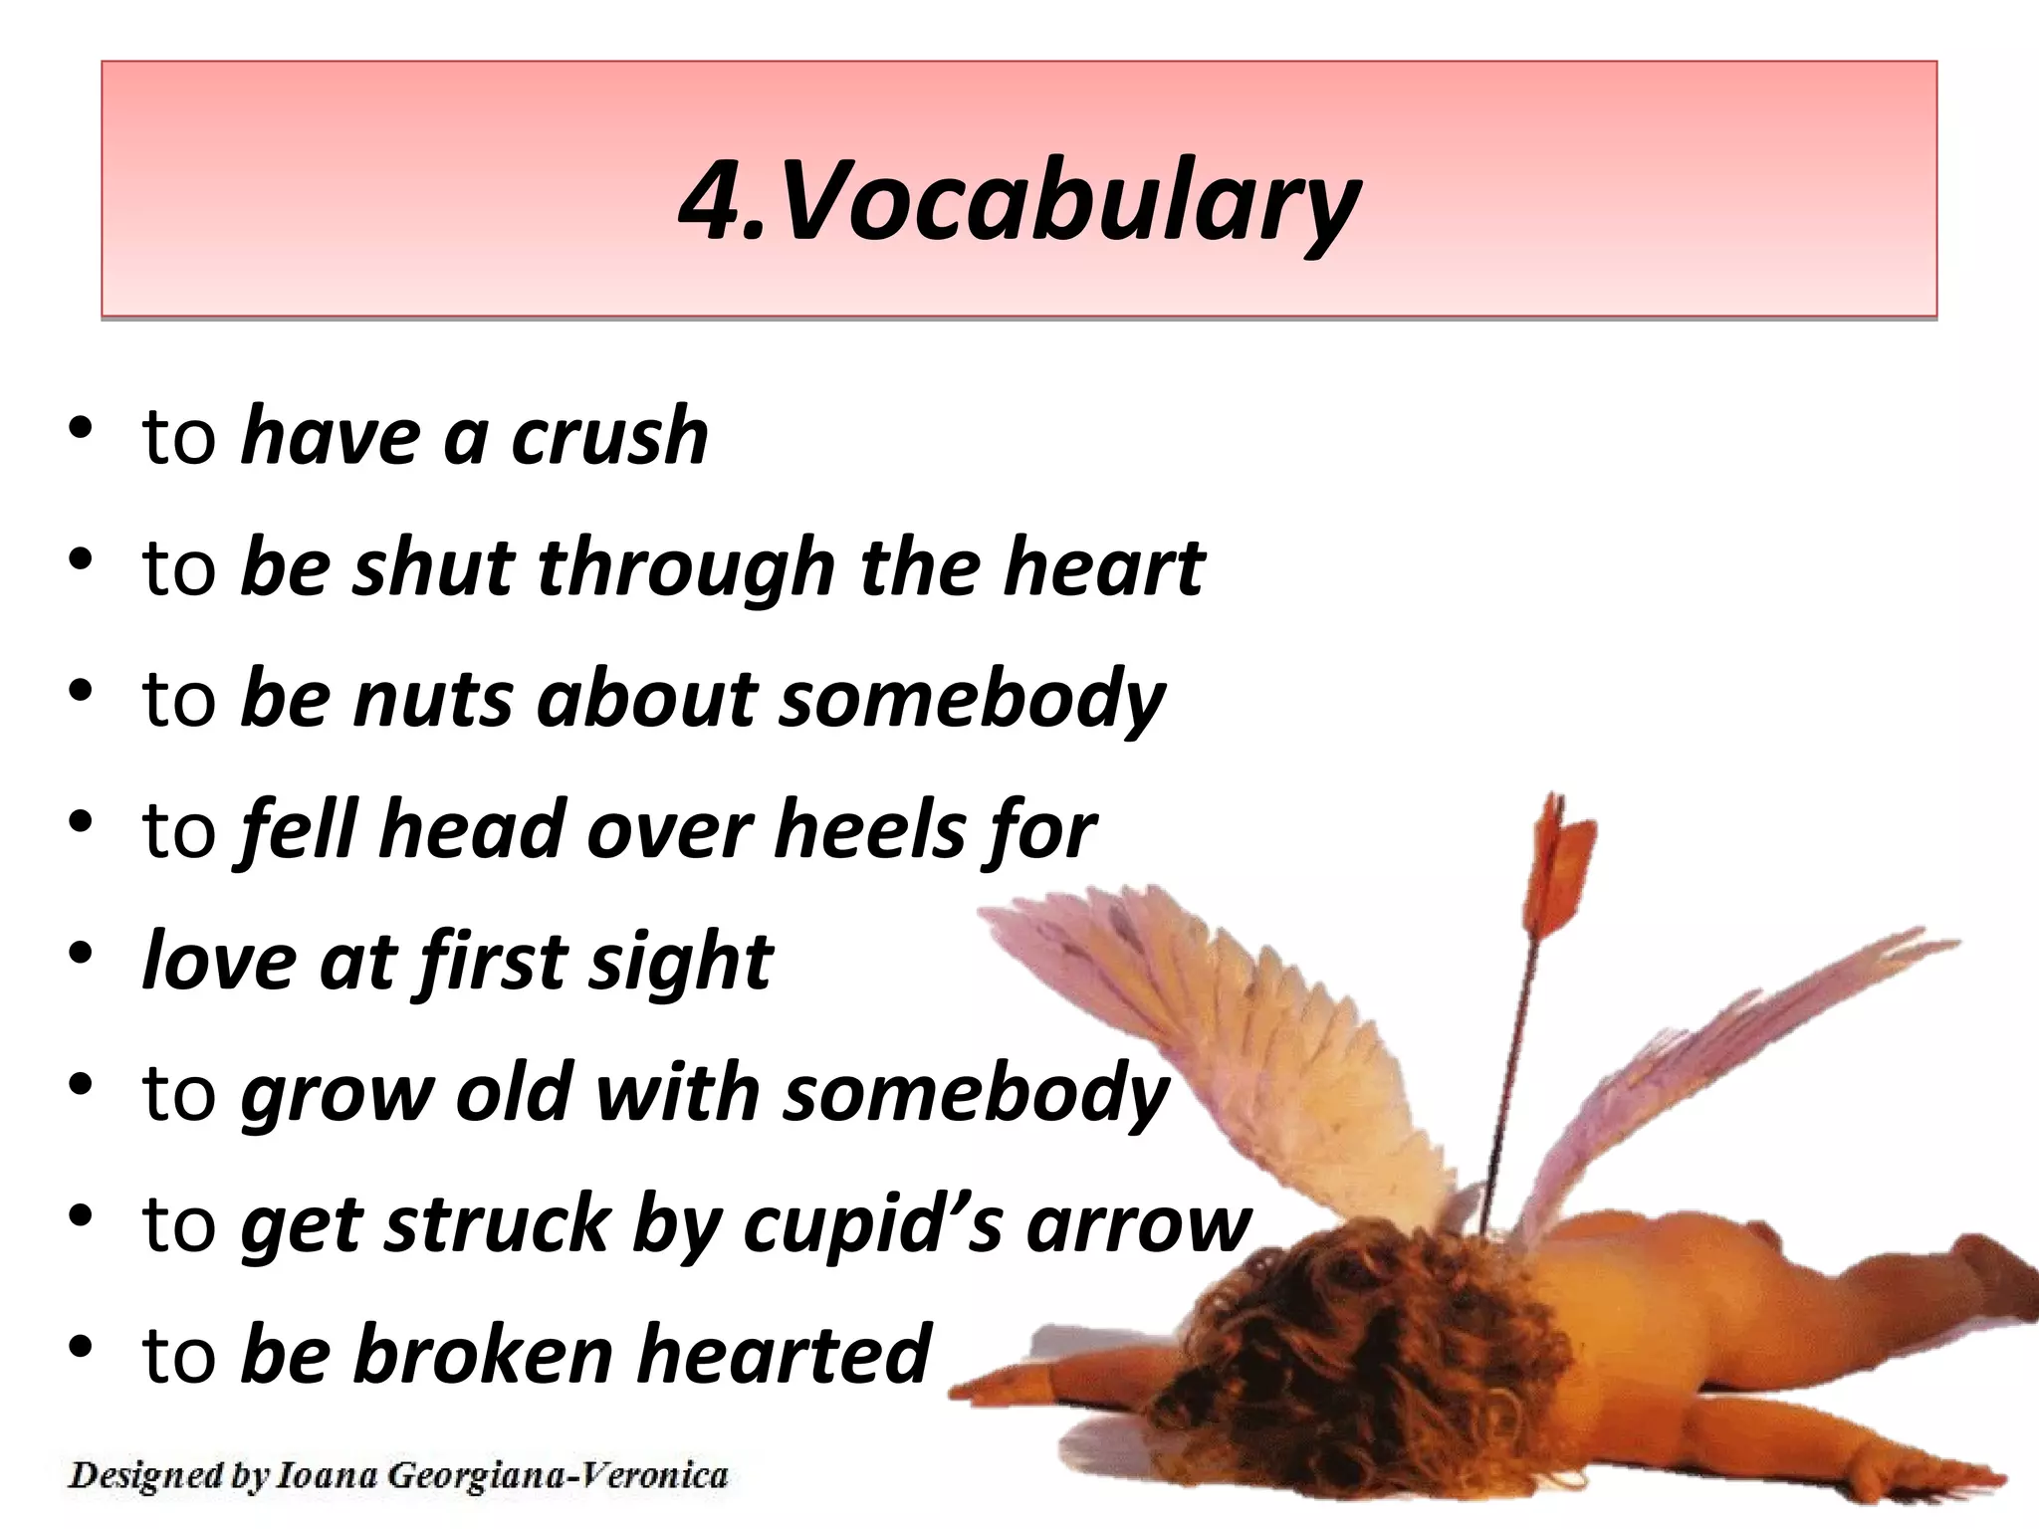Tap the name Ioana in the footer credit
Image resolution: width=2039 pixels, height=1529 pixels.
pyautogui.click(x=327, y=1475)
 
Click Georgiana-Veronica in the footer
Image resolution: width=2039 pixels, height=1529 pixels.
pyautogui.click(x=558, y=1475)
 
